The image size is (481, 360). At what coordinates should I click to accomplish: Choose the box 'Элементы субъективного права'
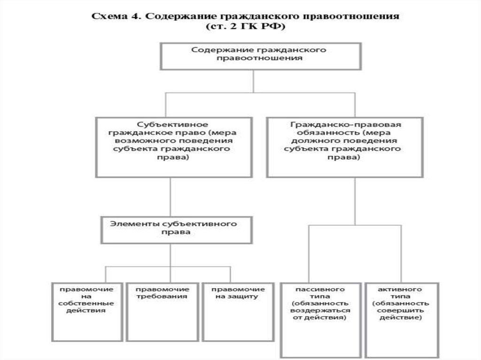[x=173, y=229]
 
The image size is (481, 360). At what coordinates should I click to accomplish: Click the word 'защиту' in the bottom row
[x=246, y=297]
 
